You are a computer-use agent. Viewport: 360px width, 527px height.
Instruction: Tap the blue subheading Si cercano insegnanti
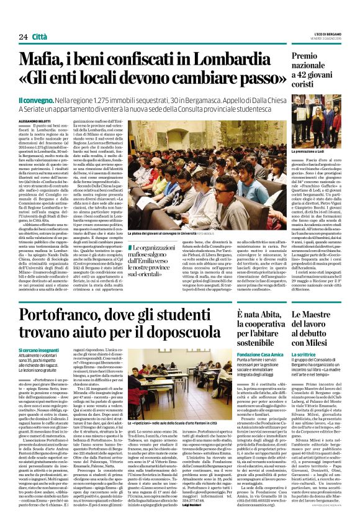tap(41, 351)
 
